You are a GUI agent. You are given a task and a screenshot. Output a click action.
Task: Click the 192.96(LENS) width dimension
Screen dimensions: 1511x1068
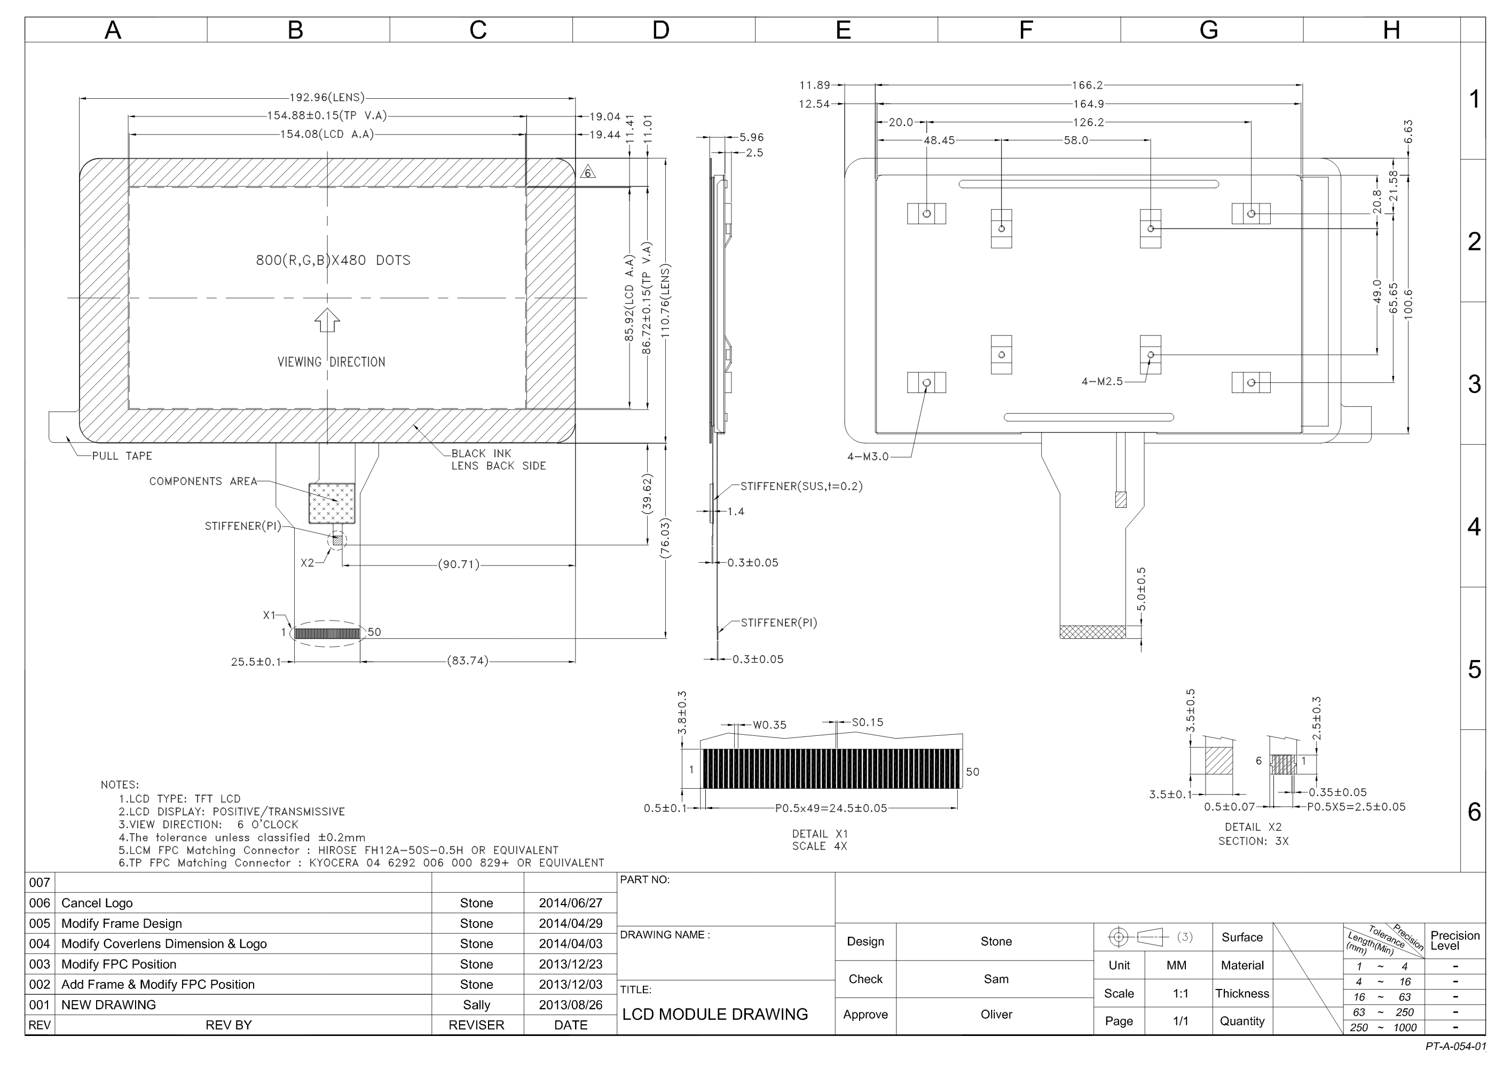pyautogui.click(x=327, y=97)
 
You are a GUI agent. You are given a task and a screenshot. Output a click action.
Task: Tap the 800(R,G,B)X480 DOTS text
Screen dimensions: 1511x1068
pyautogui.click(x=333, y=261)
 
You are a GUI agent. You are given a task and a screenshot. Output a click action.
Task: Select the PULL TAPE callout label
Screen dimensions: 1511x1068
pyautogui.click(x=122, y=456)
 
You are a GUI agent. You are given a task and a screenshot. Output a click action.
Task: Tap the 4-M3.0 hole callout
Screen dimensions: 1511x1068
pyautogui.click(x=868, y=457)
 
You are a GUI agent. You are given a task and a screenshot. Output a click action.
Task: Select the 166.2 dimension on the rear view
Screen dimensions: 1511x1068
pyautogui.click(x=1087, y=85)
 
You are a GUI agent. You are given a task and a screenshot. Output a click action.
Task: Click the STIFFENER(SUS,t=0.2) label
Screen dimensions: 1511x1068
pyautogui.click(x=801, y=486)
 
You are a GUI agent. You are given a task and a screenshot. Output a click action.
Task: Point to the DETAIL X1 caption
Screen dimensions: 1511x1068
pyautogui.click(x=820, y=834)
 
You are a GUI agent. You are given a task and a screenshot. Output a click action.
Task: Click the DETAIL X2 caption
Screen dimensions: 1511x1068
pyautogui.click(x=1253, y=827)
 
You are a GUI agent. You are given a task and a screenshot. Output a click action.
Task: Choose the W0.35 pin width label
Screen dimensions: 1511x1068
pyautogui.click(x=769, y=725)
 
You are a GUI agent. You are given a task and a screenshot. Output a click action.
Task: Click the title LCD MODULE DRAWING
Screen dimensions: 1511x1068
pyautogui.click(x=715, y=1014)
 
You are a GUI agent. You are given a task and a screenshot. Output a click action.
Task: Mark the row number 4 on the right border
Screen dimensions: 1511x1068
pyautogui.click(x=1474, y=527)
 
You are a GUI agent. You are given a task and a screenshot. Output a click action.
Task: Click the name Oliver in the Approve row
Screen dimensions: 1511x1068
pyautogui.click(x=996, y=1014)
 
